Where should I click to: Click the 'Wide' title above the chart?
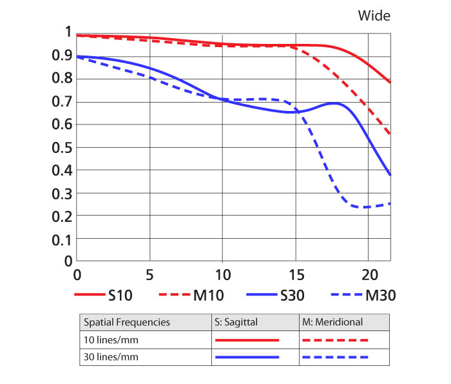(374, 15)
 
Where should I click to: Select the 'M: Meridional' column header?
(332, 321)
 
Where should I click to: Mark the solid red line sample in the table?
(247, 339)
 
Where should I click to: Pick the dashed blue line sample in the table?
(335, 356)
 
